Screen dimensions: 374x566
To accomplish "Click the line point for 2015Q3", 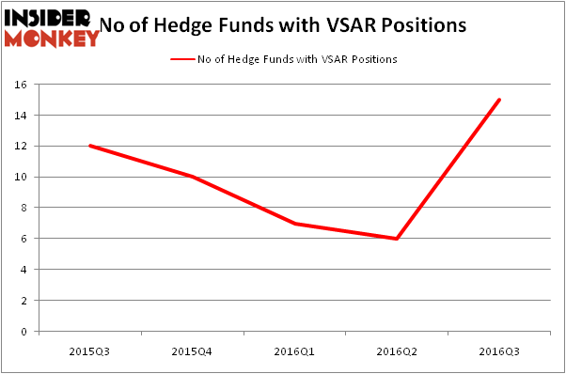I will [89, 146].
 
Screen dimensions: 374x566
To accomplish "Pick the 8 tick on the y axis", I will [27, 208].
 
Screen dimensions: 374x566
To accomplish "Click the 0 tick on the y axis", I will [27, 331].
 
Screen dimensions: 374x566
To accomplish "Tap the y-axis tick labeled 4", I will [27, 270].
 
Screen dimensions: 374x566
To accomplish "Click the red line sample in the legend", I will [182, 59].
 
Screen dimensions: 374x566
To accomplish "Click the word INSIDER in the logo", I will [47, 18].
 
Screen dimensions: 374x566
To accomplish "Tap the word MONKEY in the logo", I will [52, 38].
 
